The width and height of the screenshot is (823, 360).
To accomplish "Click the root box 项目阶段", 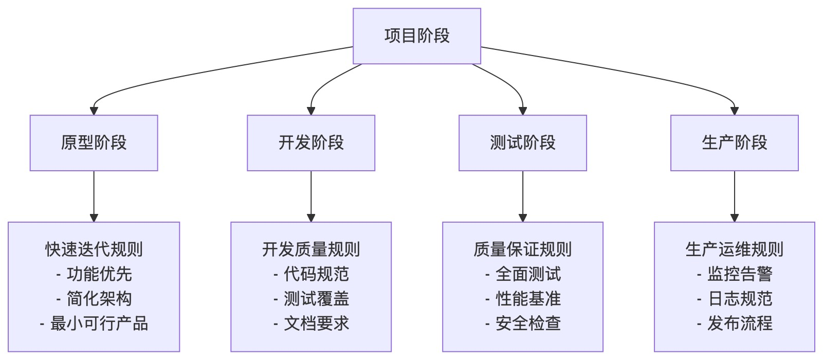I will point(416,36).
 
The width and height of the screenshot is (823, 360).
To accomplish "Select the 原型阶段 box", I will point(94,143).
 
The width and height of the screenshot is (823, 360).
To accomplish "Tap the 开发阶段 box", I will point(311,143).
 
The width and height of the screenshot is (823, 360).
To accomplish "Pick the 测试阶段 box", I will point(522,143).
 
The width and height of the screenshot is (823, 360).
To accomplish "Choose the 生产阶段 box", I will point(734,143).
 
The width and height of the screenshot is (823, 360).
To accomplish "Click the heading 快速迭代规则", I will point(94,249).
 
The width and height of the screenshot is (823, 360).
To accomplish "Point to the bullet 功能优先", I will point(99,274).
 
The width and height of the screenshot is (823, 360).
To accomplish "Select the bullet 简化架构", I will point(99,299).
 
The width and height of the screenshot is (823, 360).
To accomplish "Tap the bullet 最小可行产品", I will point(99,323).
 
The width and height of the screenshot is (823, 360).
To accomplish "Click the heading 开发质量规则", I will point(311,249).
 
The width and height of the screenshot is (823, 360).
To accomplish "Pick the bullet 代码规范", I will point(316,274).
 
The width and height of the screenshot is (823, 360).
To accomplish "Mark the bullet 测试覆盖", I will point(316,299).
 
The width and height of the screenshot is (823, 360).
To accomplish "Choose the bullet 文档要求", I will point(316,323).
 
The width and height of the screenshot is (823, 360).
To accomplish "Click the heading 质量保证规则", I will point(522,249).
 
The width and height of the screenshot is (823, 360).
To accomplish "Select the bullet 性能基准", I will point(528,299).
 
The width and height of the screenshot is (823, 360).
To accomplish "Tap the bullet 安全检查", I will point(528,323).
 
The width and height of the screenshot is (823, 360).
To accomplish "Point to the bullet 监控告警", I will point(739,274).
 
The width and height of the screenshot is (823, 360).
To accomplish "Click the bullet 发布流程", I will point(739,323).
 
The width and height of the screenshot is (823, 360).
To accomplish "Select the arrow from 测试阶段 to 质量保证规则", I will point(523,195).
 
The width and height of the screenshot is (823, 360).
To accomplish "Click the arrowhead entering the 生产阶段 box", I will point(734,111).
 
